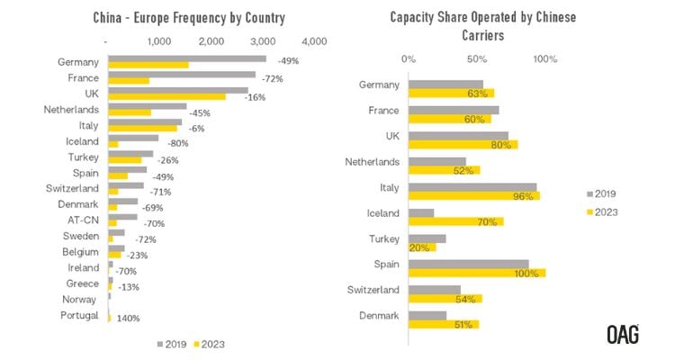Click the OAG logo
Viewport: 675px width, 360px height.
point(623,335)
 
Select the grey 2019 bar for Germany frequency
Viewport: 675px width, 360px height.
point(186,58)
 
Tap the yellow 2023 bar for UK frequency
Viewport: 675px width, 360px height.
point(166,97)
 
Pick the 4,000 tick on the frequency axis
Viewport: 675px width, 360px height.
point(314,41)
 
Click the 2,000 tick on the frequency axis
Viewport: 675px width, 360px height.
point(211,41)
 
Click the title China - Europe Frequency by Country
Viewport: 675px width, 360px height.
point(190,18)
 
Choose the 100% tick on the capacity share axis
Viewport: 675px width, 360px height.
point(545,59)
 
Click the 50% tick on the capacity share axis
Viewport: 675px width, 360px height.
point(477,59)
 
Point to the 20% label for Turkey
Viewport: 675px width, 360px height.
point(418,247)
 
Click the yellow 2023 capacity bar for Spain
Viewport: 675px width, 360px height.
point(477,273)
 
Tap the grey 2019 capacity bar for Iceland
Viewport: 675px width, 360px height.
point(421,212)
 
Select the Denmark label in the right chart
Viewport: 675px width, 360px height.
point(379,315)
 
